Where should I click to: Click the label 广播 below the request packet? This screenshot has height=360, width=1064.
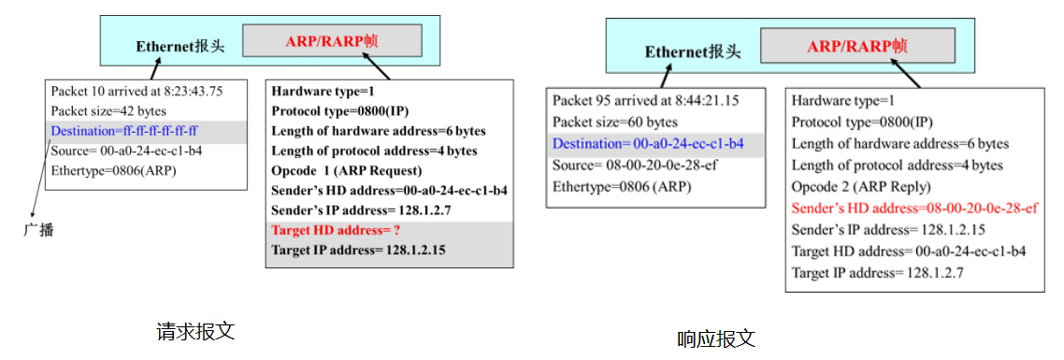pyautogui.click(x=38, y=229)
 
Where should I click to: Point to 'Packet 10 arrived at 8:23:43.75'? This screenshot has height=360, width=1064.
pyautogui.click(x=137, y=92)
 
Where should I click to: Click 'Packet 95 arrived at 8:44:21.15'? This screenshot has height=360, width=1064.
pyautogui.click(x=646, y=100)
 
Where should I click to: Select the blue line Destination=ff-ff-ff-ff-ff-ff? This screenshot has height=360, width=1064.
pyautogui.click(x=131, y=131)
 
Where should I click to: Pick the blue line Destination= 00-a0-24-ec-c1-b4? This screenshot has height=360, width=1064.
pyautogui.click(x=648, y=143)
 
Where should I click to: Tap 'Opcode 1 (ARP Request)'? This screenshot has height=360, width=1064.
pyautogui.click(x=347, y=170)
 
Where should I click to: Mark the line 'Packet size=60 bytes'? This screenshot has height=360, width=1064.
pyautogui.click(x=614, y=122)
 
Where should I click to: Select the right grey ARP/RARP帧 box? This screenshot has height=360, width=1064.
pyautogui.click(x=857, y=45)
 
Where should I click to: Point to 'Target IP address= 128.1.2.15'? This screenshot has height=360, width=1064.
pyautogui.click(x=358, y=250)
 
